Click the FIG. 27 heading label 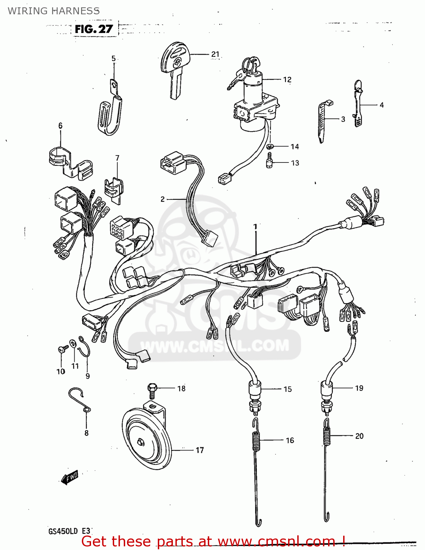94,29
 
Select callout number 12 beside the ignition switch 287,80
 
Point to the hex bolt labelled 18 152,391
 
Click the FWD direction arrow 70,477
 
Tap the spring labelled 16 257,440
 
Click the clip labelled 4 358,104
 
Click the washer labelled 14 270,147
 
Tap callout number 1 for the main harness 255,227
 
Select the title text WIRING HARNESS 54,11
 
